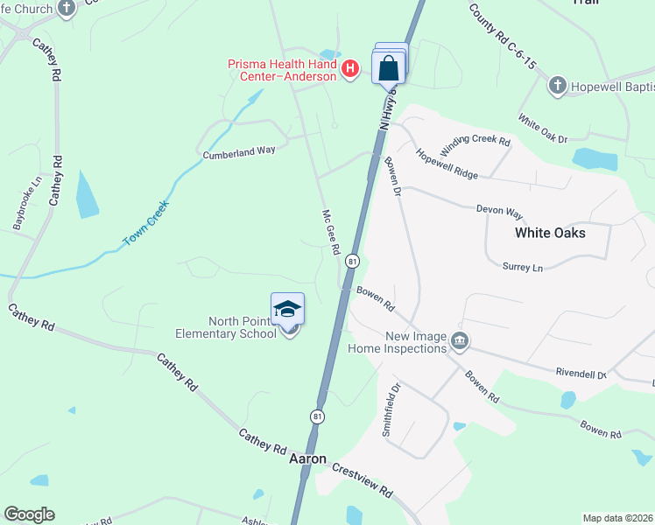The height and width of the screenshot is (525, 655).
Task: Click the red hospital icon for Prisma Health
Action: click(350, 67)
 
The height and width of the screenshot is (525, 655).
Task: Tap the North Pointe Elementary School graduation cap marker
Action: click(288, 310)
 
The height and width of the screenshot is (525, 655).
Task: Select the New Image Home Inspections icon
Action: click(459, 339)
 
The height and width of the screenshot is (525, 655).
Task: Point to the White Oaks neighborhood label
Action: click(550, 233)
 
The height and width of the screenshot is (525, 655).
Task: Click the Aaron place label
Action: click(307, 458)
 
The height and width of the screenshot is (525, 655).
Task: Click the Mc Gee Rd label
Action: click(330, 232)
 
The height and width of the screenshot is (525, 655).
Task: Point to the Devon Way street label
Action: click(499, 212)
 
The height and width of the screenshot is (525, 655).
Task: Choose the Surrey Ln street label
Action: click(523, 266)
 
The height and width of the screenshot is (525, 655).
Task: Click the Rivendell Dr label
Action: click(581, 373)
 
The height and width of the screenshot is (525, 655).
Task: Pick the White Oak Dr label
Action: click(542, 129)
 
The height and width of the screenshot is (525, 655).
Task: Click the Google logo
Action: click(29, 514)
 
